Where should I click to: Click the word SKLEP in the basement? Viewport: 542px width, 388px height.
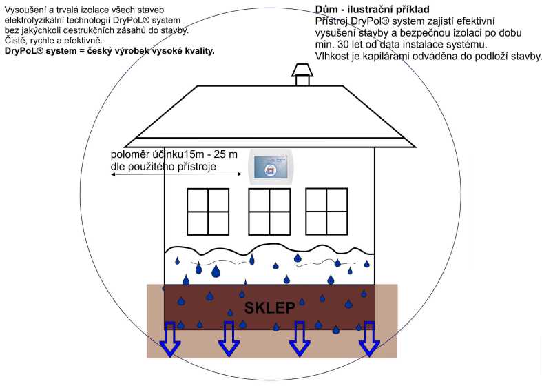(x=270, y=307)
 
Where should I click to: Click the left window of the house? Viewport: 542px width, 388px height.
(x=207, y=212)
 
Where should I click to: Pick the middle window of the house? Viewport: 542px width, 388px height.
(x=269, y=212)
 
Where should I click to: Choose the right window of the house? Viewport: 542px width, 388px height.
(x=326, y=211)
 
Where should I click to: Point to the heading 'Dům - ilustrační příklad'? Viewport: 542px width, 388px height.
(x=372, y=10)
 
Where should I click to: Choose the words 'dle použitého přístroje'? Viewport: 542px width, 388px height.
(x=163, y=166)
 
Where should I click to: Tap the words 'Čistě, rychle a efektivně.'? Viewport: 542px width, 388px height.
(x=53, y=42)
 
